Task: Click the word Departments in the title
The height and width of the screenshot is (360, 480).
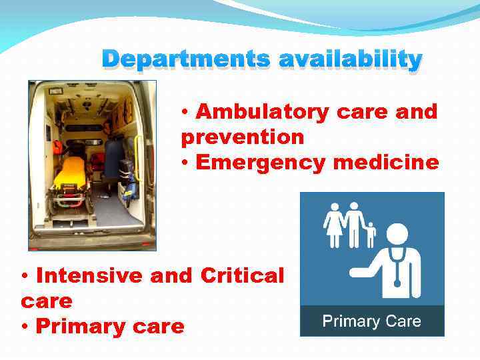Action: point(186,59)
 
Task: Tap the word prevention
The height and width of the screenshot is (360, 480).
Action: point(242,137)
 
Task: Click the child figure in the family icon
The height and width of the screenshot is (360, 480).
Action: point(371,234)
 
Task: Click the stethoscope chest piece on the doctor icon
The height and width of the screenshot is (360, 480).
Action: point(397,283)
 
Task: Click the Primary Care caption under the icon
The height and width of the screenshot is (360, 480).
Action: point(372,321)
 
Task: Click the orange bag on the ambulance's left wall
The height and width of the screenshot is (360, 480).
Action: point(57,147)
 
